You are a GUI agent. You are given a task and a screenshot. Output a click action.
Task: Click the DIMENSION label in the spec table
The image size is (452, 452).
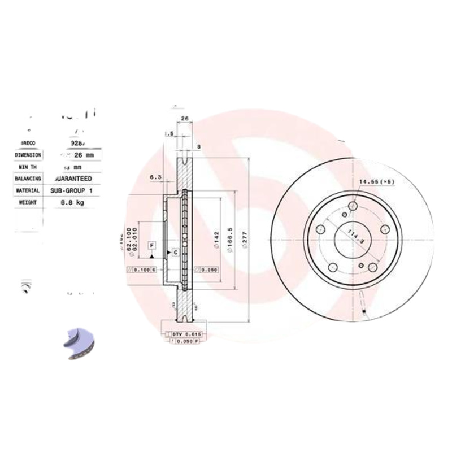(x=28, y=154)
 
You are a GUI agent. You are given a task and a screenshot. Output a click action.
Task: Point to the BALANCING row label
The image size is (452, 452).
(x=28, y=179)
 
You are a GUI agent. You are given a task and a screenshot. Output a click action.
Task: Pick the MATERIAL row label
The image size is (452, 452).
(x=28, y=191)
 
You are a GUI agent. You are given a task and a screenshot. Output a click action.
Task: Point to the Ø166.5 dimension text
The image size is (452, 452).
(x=231, y=240)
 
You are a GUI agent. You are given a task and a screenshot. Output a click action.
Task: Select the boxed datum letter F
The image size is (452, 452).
(x=151, y=245)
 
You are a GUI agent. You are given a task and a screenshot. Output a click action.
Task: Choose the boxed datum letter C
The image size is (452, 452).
(x=175, y=252)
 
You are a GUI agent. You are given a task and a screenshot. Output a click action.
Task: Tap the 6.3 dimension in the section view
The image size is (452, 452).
(x=155, y=177)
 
